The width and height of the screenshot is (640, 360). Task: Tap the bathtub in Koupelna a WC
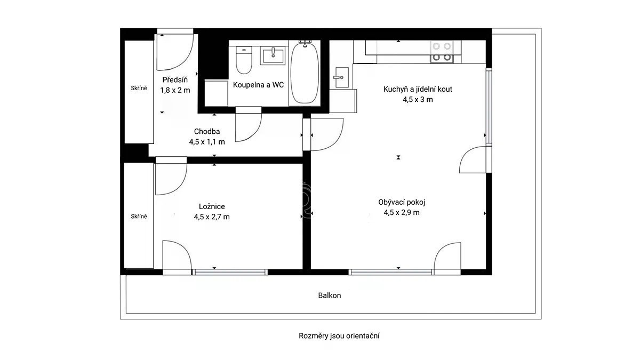coord(305,73)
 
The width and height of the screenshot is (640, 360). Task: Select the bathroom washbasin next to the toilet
coord(273,55)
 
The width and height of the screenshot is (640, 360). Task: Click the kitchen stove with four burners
coord(442,52)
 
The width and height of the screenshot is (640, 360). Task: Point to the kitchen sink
coord(341,77)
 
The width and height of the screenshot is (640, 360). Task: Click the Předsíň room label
coord(175,79)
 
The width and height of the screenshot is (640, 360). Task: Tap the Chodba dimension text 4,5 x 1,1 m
coord(207,142)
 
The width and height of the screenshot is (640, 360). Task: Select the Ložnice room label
coord(212,206)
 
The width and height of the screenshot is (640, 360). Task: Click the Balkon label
coord(330,295)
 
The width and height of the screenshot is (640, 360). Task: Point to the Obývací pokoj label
coord(402,202)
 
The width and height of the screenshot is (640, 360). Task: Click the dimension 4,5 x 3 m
coord(418,100)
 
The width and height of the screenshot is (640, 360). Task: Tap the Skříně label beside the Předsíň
coord(139,89)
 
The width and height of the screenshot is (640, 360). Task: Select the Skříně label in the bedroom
coord(139,217)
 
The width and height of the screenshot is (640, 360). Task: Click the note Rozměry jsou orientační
coord(339,336)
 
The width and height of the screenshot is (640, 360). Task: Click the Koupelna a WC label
coord(258,85)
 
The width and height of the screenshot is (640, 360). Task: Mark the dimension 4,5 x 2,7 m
coord(212,217)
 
